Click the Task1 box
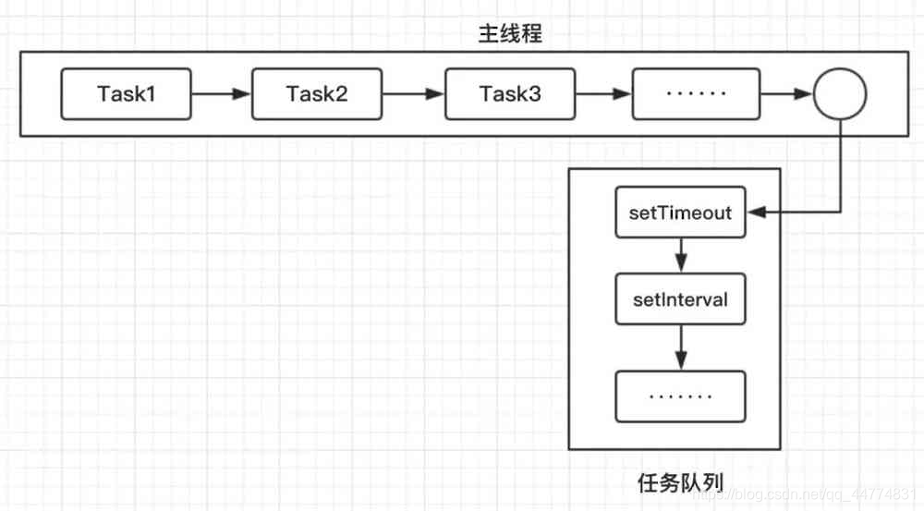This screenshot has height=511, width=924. tap(127, 93)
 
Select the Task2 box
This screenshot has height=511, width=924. tap(316, 93)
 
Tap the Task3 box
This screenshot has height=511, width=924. tap(509, 93)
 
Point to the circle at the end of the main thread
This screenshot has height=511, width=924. tap(839, 94)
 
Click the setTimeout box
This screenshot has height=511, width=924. tap(681, 213)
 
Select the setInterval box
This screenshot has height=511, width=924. tap(681, 299)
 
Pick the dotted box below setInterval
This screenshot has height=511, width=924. tap(681, 396)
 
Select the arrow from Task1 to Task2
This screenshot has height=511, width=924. tap(221, 94)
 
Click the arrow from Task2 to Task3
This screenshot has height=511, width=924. tap(413, 94)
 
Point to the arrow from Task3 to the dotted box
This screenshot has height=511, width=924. tap(602, 94)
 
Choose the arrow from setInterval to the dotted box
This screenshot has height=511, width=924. tap(681, 346)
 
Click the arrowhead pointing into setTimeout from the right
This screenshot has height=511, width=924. tap(754, 213)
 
